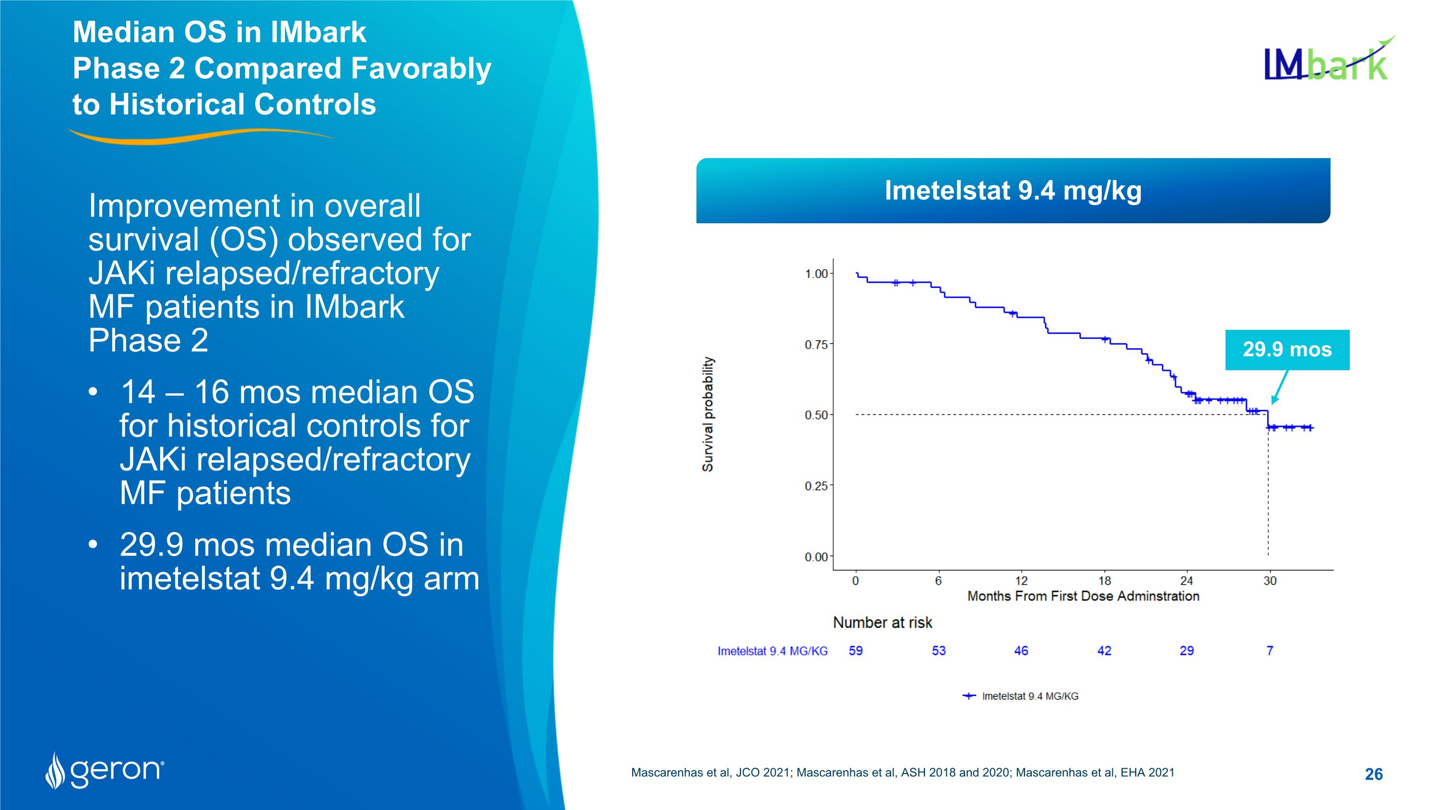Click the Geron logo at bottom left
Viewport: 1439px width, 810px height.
[x=105, y=770]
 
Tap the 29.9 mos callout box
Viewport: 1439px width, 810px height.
[x=1287, y=350]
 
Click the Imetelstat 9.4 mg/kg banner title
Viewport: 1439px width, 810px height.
[x=1013, y=191]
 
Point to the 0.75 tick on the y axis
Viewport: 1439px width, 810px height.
[x=816, y=345]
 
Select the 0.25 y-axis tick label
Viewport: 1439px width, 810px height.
[x=816, y=486]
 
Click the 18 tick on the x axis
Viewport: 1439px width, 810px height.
[x=1104, y=581]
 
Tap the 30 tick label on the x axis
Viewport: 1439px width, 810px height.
[x=1270, y=581]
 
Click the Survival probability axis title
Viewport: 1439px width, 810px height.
[x=708, y=414]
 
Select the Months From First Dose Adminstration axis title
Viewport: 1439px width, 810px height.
[x=1083, y=596]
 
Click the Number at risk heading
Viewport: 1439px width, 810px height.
[x=882, y=623]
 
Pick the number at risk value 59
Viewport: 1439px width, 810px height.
[x=855, y=651]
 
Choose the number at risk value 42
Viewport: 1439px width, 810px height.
[x=1104, y=651]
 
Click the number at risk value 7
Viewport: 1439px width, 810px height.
[x=1269, y=651]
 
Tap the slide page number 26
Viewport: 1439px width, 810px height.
[x=1373, y=774]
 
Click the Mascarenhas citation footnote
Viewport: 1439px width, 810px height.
[x=902, y=773]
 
